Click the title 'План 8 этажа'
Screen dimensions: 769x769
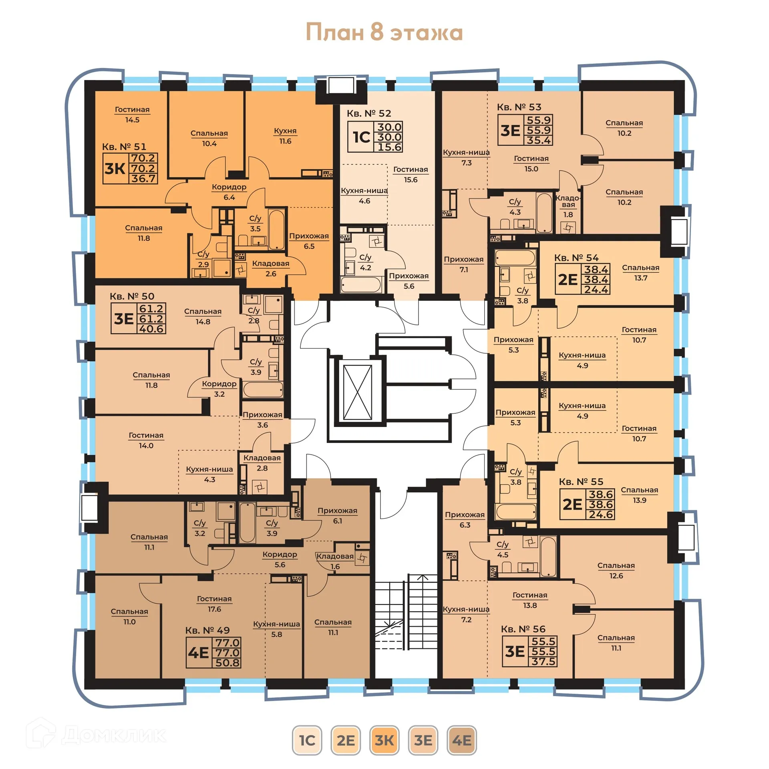pos(384,32)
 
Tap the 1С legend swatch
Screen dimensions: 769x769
pos(307,740)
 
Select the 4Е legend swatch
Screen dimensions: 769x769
pos(461,740)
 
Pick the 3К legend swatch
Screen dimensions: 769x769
pos(384,740)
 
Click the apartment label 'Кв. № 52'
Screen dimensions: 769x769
pos(368,113)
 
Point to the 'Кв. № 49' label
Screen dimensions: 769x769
pos(207,630)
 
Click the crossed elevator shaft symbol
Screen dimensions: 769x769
pos(357,392)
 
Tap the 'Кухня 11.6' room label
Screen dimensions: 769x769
pos(285,136)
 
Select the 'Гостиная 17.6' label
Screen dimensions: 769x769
pos(214,604)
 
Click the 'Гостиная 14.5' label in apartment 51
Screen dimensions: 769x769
pos(132,115)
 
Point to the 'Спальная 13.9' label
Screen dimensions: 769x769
pos(639,495)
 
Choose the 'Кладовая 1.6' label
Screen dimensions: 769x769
pos(335,561)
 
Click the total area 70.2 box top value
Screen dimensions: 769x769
pos(143,158)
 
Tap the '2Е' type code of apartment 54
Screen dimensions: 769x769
pos(568,280)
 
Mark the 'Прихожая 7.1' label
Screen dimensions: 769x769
pos(463,264)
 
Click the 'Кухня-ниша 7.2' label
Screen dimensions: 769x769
pos(466,614)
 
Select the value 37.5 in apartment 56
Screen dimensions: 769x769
pos(544,662)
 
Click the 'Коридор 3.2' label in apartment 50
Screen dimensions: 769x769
pos(219,389)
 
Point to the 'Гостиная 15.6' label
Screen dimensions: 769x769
pos(411,175)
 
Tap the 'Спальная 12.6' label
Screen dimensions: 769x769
pos(616,570)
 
